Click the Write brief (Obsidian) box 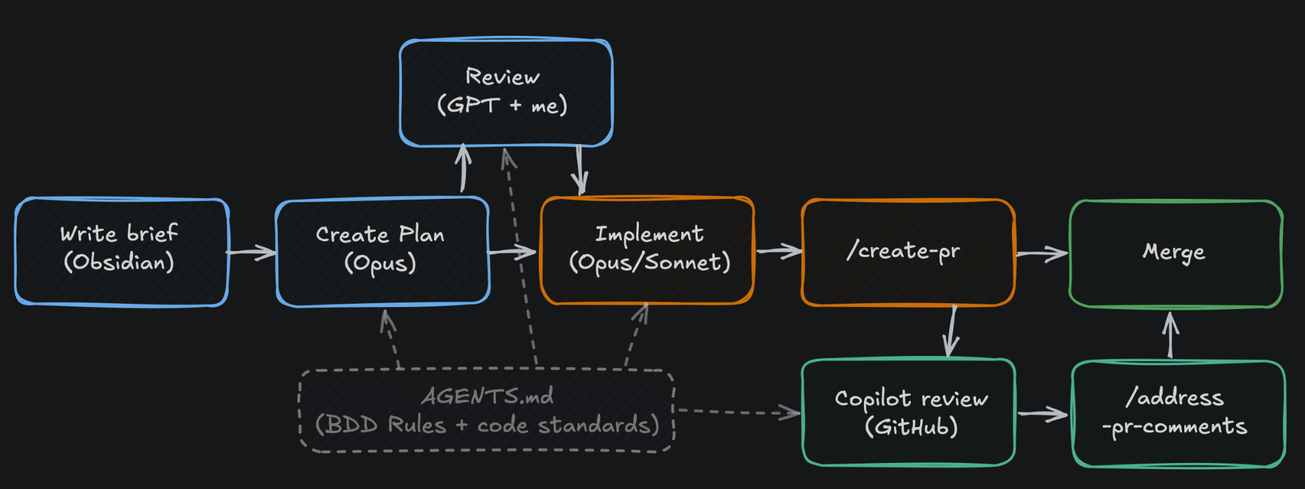click(x=122, y=252)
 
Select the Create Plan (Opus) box click(x=382, y=251)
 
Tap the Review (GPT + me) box click(x=506, y=92)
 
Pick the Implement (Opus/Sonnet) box click(x=647, y=250)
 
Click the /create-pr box click(x=908, y=252)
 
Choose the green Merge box click(x=1176, y=254)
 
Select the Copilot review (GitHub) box click(x=909, y=412)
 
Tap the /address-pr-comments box click(x=1178, y=413)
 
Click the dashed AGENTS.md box click(x=487, y=411)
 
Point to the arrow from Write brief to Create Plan click(x=251, y=252)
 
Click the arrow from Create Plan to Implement click(x=512, y=251)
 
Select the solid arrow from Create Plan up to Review click(x=463, y=168)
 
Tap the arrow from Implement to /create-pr click(x=778, y=251)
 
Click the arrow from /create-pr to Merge click(x=1042, y=254)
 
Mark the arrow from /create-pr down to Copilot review click(x=952, y=331)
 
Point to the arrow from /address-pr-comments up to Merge click(x=1171, y=334)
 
